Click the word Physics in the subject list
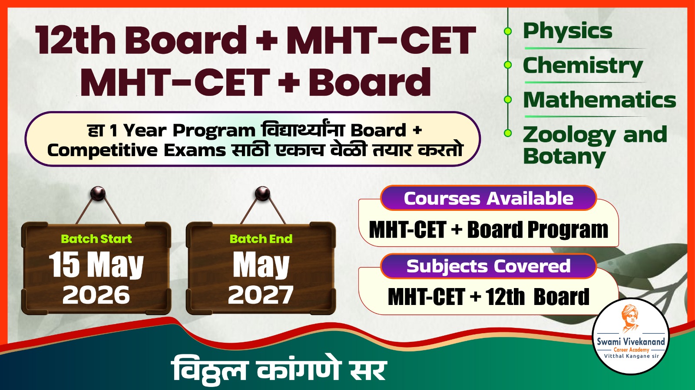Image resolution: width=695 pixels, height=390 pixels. (x=567, y=32)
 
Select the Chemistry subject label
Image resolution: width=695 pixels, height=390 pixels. (x=582, y=66)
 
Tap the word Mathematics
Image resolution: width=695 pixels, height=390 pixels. (x=599, y=100)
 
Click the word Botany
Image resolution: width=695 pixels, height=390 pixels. (x=564, y=157)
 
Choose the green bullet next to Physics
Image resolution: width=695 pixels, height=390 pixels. (x=507, y=31)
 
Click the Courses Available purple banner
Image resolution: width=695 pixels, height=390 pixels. (x=488, y=199)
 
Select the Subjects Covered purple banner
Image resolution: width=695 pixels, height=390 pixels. (x=488, y=266)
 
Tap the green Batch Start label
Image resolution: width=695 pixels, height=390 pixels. (x=96, y=239)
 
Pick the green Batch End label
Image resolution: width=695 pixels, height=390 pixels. (x=261, y=239)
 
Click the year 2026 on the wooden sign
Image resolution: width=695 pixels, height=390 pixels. (x=96, y=295)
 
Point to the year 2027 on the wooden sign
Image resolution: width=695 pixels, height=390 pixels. (x=261, y=295)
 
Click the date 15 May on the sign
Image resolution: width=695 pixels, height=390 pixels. (x=96, y=265)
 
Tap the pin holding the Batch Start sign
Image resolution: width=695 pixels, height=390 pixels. (x=98, y=193)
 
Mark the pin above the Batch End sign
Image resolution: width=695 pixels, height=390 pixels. (x=262, y=193)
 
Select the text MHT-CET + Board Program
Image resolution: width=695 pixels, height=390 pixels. (x=488, y=230)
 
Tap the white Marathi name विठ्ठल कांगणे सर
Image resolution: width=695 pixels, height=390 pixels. (x=278, y=370)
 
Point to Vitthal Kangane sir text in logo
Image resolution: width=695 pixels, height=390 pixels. (x=631, y=356)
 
